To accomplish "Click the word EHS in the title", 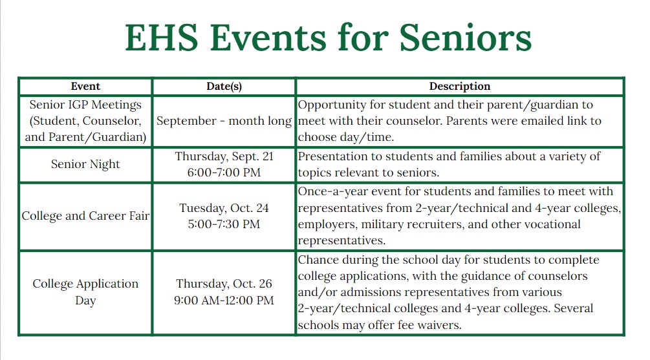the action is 162,37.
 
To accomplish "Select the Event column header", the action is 85,86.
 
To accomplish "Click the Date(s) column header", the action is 224,86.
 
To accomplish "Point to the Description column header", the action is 460,86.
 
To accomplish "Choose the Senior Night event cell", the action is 85,164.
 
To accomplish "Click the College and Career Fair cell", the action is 85,216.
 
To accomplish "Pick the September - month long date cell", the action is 224,121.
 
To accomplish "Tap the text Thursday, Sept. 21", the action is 224,156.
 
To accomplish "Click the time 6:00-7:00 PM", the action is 224,173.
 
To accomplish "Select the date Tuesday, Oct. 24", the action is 224,208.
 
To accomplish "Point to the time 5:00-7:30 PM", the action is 224,224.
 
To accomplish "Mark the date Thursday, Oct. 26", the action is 224,284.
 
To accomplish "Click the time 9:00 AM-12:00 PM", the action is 224,301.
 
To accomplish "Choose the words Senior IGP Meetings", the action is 85,105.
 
